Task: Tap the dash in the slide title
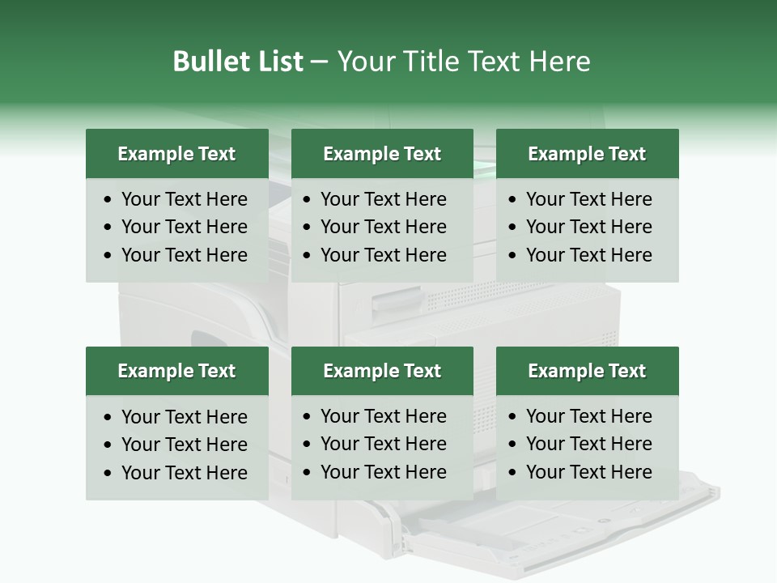pos(319,62)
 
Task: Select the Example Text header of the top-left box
pos(176,154)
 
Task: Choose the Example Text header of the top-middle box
pos(382,154)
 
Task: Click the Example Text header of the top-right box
pos(587,154)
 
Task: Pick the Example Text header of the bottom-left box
pos(176,371)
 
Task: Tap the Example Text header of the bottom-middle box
pos(382,371)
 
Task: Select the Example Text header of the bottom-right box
pos(587,371)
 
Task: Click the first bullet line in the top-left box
pos(184,199)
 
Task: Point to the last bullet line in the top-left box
pos(184,255)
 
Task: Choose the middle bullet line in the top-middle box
pos(383,227)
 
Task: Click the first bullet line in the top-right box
pos(588,199)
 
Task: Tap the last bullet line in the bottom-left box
pos(184,473)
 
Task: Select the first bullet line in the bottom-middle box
pos(383,416)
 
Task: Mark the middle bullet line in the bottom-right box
pos(588,444)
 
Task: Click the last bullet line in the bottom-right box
pos(588,472)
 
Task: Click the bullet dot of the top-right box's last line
pos(513,256)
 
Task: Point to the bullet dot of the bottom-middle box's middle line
pos(308,445)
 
